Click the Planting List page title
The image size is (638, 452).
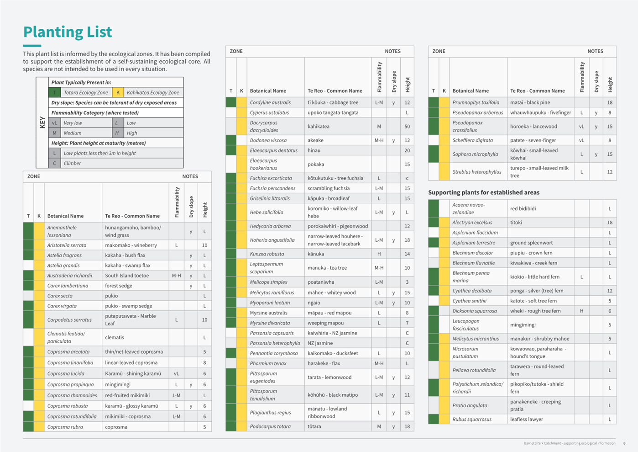point(68,32)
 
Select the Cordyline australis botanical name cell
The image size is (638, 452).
point(270,102)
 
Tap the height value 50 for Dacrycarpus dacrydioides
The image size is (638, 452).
point(407,126)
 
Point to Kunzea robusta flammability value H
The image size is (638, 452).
point(379,254)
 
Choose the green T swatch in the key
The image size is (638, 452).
point(55,92)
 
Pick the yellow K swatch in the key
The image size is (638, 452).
point(118,92)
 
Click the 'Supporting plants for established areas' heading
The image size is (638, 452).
point(484,192)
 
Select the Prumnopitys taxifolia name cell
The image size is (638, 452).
point(476,102)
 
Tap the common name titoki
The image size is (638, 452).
point(516,223)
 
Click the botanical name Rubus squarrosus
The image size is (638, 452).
point(472,419)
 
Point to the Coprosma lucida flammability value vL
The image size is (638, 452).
point(176,373)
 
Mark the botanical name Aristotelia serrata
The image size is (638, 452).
point(67,245)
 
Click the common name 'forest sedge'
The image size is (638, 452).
point(119,286)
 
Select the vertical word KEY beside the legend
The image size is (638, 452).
point(42,122)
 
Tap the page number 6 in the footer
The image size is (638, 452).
point(624,443)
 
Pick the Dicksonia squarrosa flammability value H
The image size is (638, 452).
point(581,311)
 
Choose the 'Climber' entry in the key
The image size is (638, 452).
point(73,163)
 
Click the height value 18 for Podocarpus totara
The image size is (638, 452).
point(407,426)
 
